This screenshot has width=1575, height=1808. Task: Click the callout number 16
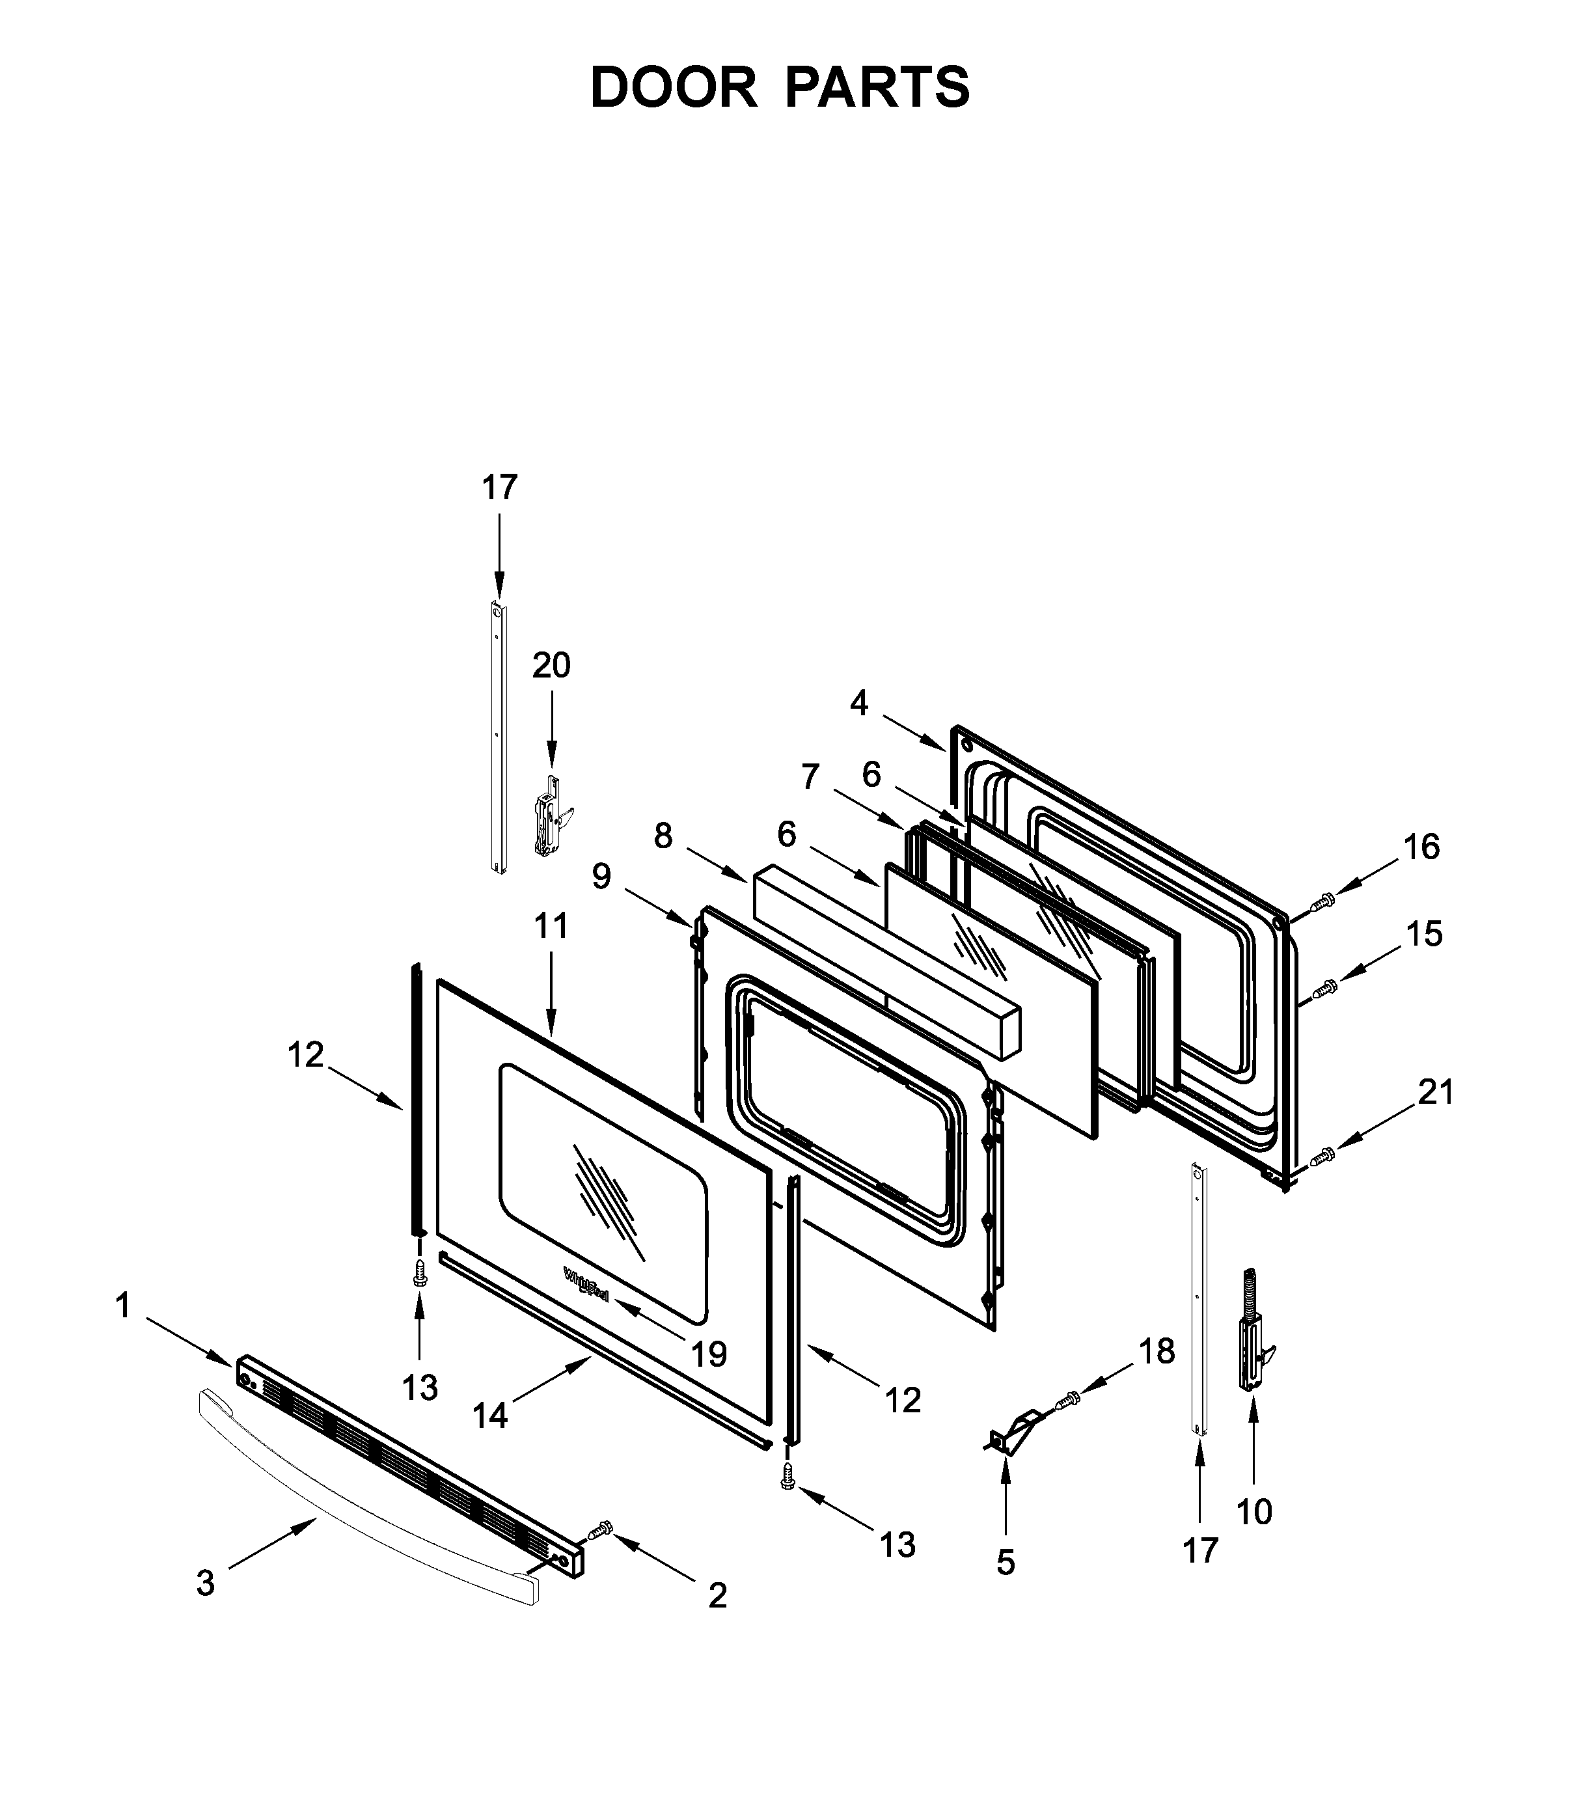click(x=1421, y=847)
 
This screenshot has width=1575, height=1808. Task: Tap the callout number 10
click(x=1253, y=1512)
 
